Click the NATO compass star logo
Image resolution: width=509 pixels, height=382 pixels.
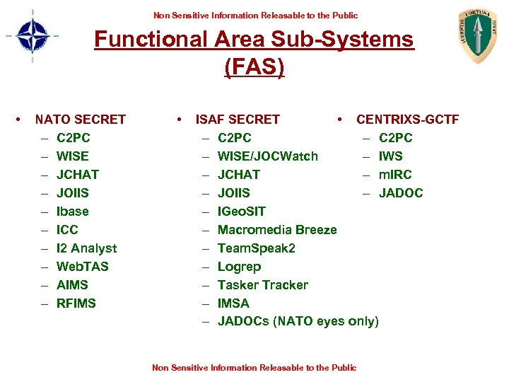click(33, 36)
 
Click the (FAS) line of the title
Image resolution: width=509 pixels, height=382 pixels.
click(254, 67)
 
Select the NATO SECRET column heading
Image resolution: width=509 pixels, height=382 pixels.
click(80, 120)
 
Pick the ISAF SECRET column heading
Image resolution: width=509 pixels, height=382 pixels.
click(238, 120)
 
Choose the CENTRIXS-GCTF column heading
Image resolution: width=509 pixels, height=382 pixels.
click(407, 120)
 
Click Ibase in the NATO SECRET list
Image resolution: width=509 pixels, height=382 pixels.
click(72, 212)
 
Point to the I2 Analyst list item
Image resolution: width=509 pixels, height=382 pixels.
click(86, 248)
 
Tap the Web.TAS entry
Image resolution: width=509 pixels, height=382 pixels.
click(82, 267)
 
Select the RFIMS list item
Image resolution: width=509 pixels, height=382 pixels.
click(76, 303)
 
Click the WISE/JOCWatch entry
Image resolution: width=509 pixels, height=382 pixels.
click(267, 156)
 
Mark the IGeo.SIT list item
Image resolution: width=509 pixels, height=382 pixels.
click(242, 212)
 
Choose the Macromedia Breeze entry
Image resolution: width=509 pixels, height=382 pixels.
click(276, 230)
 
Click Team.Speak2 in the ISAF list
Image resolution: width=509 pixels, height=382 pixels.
click(256, 248)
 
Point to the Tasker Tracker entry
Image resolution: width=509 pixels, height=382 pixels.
click(262, 285)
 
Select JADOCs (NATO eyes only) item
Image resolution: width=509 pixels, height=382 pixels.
click(298, 322)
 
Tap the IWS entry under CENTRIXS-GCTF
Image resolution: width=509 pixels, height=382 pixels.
click(390, 156)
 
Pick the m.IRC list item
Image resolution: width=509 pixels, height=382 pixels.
click(394, 175)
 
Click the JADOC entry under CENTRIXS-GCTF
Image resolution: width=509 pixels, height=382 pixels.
click(400, 193)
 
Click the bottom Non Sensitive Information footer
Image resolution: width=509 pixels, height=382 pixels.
click(255, 368)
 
